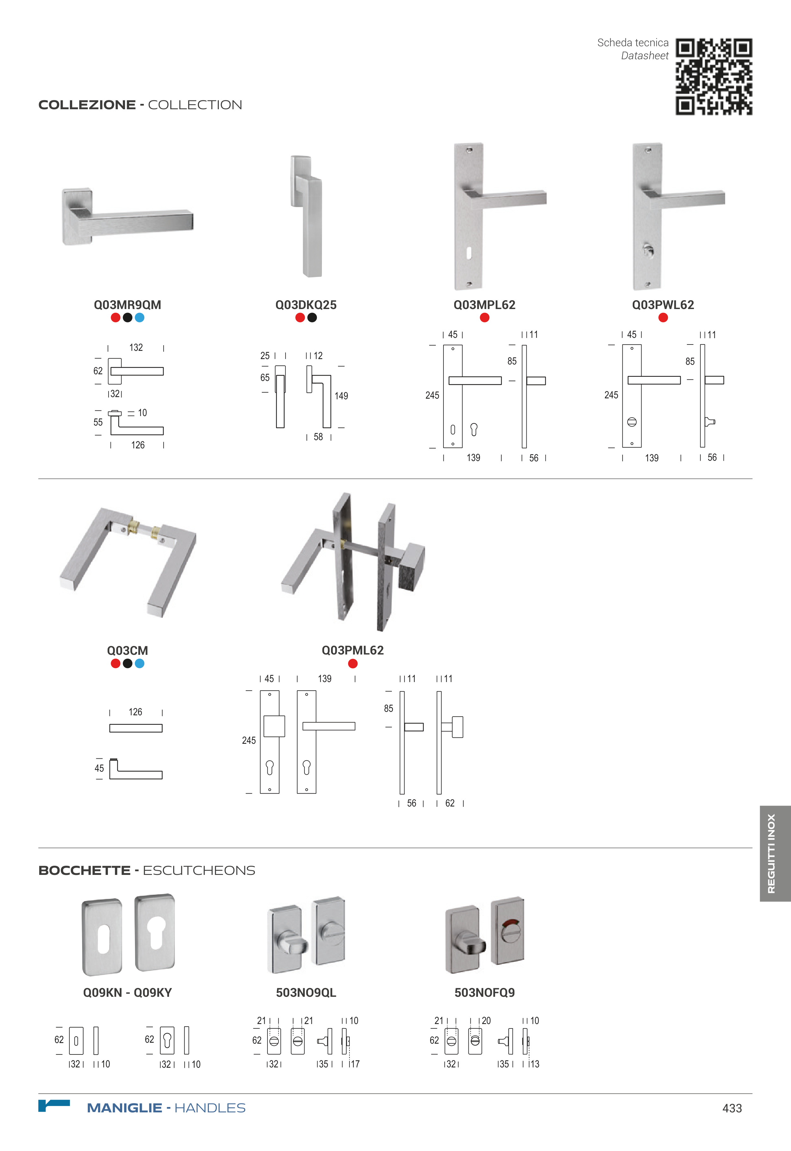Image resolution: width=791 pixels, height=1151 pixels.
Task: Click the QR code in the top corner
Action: pyautogui.click(x=714, y=77)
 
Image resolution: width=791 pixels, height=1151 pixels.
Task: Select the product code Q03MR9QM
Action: pyautogui.click(x=127, y=305)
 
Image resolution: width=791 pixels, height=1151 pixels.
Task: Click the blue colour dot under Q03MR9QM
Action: pyautogui.click(x=140, y=318)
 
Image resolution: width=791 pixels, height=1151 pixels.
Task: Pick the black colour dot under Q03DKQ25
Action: pyautogui.click(x=312, y=318)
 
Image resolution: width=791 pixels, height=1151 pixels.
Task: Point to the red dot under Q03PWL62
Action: pyautogui.click(x=663, y=318)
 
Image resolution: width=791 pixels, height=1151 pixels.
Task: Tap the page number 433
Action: pyautogui.click(x=732, y=1108)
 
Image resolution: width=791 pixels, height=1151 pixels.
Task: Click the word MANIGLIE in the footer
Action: pyautogui.click(x=124, y=1108)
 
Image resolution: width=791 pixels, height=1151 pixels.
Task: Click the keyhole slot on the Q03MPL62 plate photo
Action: pyautogui.click(x=469, y=252)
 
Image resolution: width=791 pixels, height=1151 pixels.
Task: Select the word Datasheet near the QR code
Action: pyautogui.click(x=645, y=55)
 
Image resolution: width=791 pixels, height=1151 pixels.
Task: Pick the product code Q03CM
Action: pyautogui.click(x=127, y=650)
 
